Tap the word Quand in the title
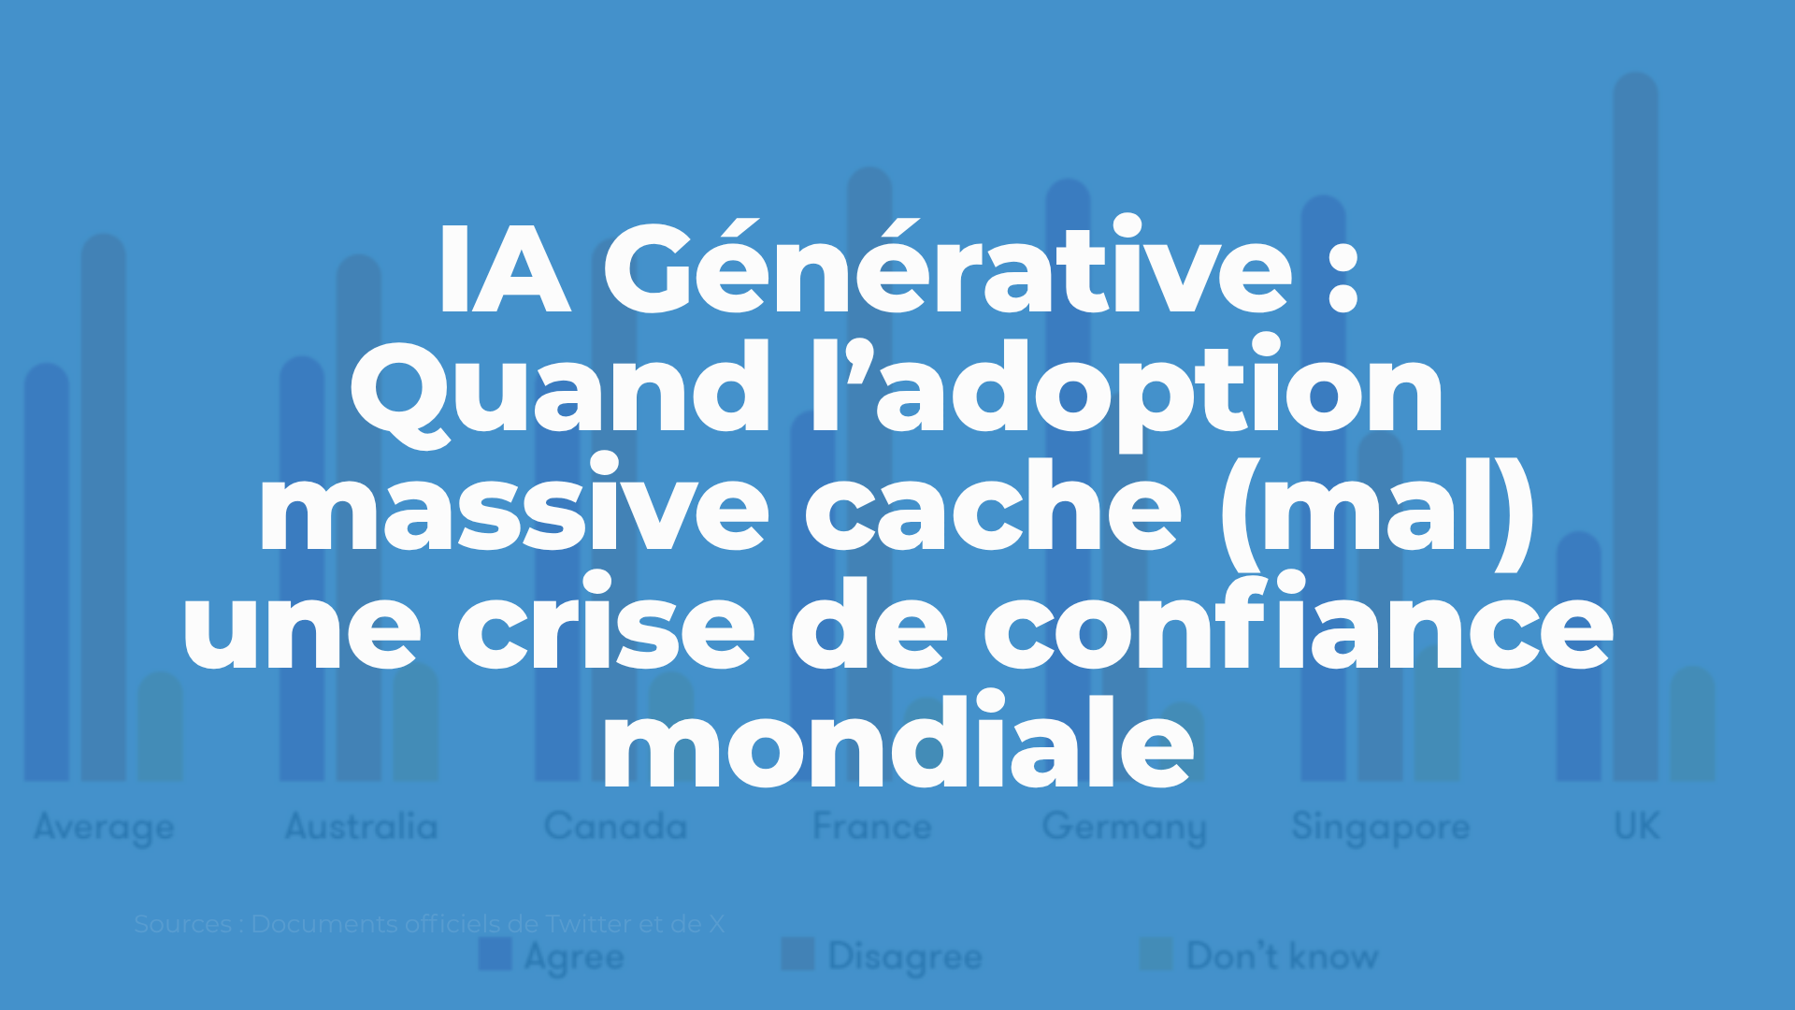click(559, 389)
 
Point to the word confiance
click(1298, 626)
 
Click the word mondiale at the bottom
click(897, 743)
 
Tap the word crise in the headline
click(605, 626)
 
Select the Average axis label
click(104, 828)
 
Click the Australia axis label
click(361, 827)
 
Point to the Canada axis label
click(615, 827)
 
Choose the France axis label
click(871, 827)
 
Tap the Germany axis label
click(1124, 828)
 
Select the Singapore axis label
click(1380, 828)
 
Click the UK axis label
click(1636, 827)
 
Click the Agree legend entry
click(552, 956)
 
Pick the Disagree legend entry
click(883, 956)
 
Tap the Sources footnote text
click(428, 924)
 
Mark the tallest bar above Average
click(103, 505)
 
